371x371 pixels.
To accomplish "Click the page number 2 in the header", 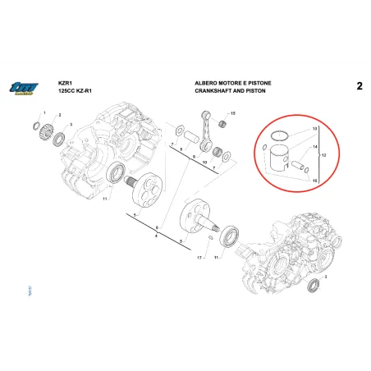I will coord(359,86).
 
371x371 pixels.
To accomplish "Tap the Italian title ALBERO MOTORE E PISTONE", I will coord(229,83).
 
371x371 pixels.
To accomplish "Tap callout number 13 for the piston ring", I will coord(314,131).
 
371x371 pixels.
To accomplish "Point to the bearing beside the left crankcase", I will coord(115,172).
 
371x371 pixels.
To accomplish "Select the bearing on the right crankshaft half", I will coord(229,235).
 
